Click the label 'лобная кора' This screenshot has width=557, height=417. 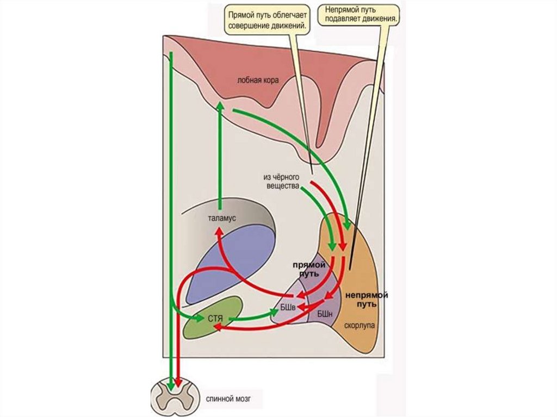(x=258, y=80)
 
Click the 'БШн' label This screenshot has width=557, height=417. (x=325, y=314)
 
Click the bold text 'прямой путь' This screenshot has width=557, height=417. (x=308, y=269)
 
